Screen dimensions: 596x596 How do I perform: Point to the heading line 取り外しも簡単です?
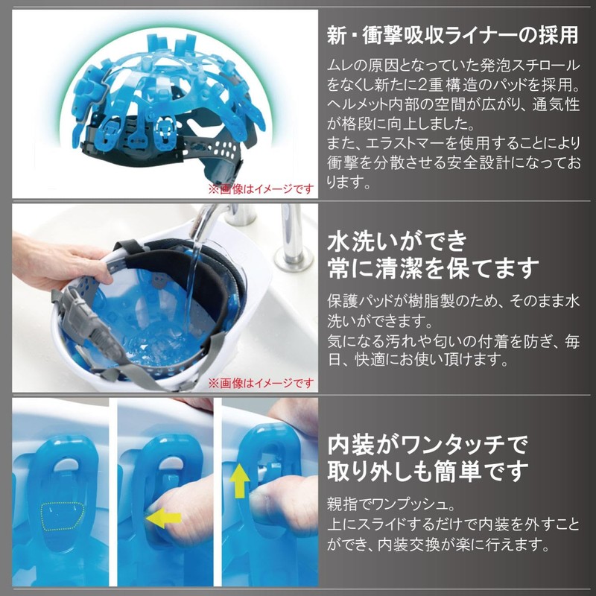click(428, 472)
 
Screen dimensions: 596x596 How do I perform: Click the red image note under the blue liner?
click(261, 188)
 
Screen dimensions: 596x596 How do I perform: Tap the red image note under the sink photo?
click(261, 384)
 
